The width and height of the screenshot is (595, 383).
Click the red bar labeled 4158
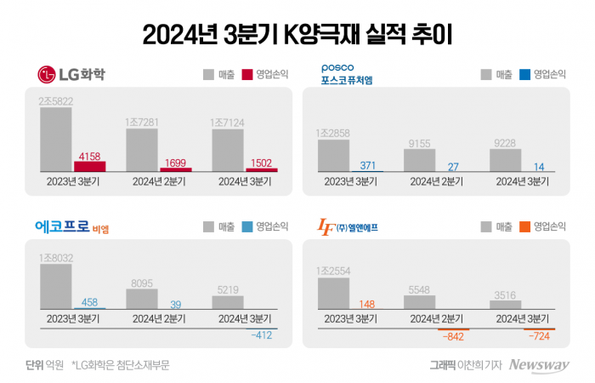(90, 167)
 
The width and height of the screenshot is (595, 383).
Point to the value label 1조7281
(143, 122)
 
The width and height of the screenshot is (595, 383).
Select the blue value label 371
(367, 163)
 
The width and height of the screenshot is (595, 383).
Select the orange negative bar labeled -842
(452, 329)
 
